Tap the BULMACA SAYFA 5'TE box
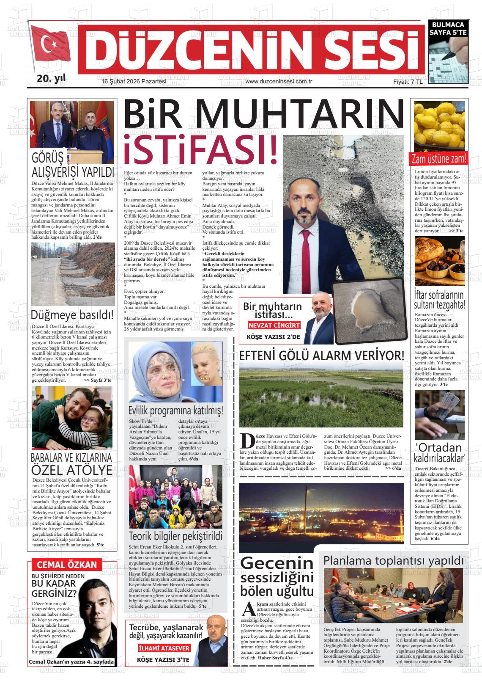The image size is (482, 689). [x=447, y=28]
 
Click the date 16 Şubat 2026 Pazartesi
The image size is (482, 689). [x=134, y=81]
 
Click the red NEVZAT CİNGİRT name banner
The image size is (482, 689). [x=274, y=325]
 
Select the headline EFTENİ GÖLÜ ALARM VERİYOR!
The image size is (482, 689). [x=321, y=356]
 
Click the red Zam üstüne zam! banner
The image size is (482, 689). [x=439, y=159]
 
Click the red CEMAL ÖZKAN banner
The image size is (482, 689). [x=67, y=564]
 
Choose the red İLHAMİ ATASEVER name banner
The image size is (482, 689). [x=164, y=648]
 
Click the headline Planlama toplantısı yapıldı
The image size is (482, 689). [x=394, y=560]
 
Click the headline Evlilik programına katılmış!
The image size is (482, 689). [x=175, y=411]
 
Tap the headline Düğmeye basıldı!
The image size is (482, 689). [x=72, y=315]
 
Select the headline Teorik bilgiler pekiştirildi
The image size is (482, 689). [x=175, y=536]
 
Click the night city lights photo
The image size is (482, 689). [x=321, y=513]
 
